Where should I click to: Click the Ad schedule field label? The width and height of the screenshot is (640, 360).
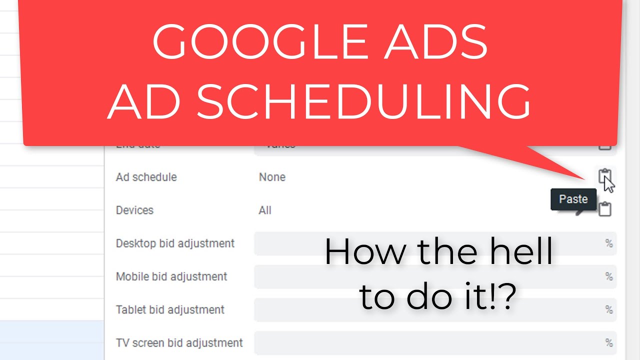click(x=146, y=177)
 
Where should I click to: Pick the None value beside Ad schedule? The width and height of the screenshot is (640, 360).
click(x=272, y=177)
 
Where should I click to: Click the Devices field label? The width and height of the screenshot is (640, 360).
click(x=134, y=210)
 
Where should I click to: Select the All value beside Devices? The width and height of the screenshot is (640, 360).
click(x=265, y=210)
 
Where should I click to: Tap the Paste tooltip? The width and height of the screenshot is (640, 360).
click(x=573, y=199)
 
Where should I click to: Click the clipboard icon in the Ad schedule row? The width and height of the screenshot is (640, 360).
click(x=604, y=176)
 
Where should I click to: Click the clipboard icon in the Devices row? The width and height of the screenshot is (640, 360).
click(x=605, y=209)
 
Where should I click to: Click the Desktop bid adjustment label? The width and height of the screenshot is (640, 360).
click(x=175, y=243)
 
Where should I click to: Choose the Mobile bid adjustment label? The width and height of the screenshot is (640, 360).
click(x=171, y=276)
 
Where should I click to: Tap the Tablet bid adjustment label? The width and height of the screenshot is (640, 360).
click(x=170, y=309)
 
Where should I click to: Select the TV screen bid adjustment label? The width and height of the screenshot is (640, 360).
click(x=179, y=343)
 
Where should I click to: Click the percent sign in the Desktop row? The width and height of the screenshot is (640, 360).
click(x=608, y=243)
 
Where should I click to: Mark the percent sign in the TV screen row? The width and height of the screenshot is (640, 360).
click(x=608, y=343)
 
